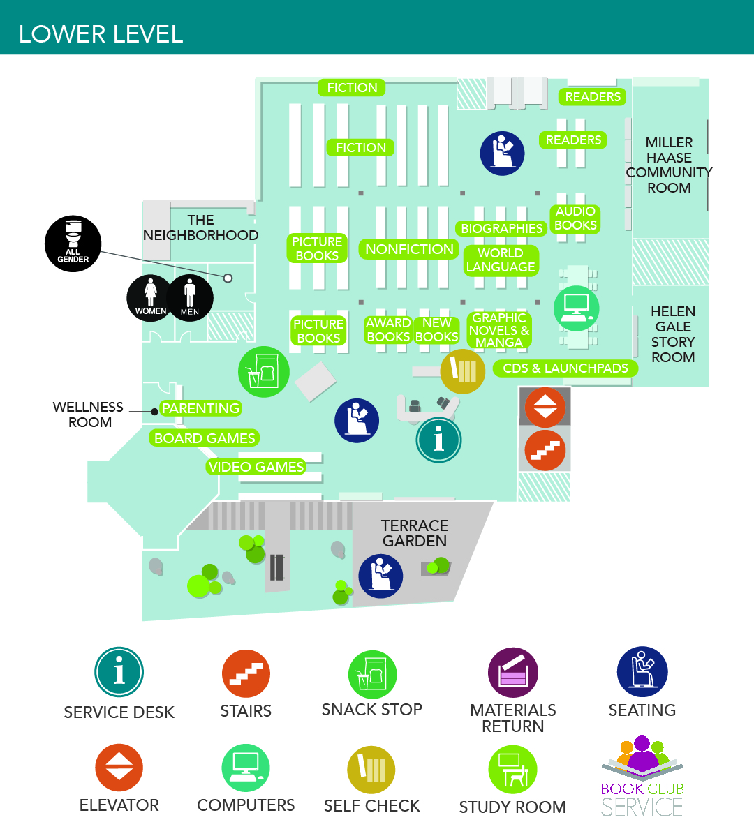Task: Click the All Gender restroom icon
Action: [x=73, y=244]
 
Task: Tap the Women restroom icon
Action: [x=150, y=298]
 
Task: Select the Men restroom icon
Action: [x=190, y=298]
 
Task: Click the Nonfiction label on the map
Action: [x=409, y=249]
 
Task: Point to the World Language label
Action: [x=501, y=260]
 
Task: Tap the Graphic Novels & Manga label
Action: [x=499, y=330]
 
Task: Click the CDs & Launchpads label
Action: [x=565, y=368]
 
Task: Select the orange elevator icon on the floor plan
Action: [x=545, y=408]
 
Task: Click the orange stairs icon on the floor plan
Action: [x=545, y=450]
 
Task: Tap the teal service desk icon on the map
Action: [x=438, y=440]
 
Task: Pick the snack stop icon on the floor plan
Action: [x=263, y=372]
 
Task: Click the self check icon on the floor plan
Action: [x=462, y=371]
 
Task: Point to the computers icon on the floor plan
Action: [x=577, y=308]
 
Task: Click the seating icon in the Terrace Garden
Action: [x=380, y=576]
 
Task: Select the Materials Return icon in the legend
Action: [x=513, y=673]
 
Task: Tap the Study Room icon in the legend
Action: [x=512, y=770]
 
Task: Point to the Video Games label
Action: [x=256, y=467]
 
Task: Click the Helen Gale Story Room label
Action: [x=672, y=334]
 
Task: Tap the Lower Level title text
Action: [x=101, y=34]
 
